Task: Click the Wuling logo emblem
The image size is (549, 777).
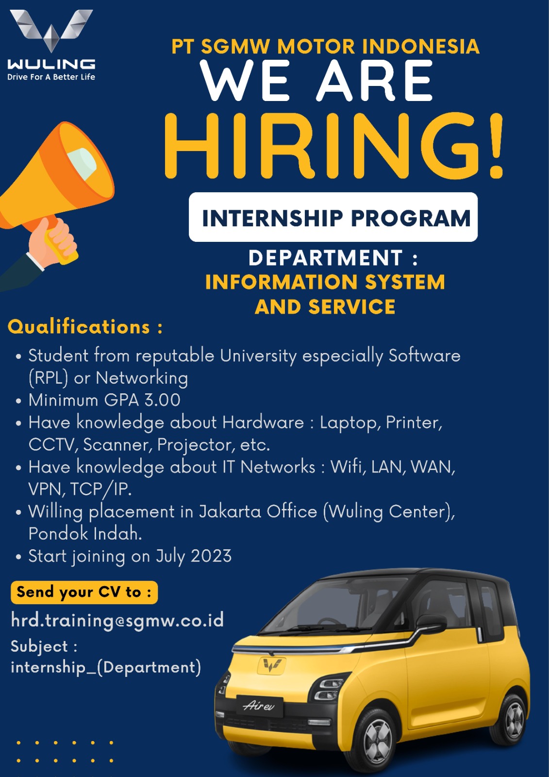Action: (x=51, y=31)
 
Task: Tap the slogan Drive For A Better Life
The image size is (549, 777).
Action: (x=51, y=77)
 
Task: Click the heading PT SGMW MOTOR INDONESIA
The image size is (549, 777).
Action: (x=325, y=47)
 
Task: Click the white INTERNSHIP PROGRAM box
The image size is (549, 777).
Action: (x=333, y=217)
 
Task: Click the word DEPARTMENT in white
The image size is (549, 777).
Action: (x=325, y=258)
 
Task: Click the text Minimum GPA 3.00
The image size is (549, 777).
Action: (x=104, y=400)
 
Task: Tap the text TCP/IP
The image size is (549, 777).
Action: (x=100, y=490)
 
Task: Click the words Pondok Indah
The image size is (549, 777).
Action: (x=85, y=534)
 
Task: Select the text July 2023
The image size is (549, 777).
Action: (x=194, y=557)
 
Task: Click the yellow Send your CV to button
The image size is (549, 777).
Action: (x=84, y=592)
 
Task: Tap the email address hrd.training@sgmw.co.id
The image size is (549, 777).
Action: (x=117, y=620)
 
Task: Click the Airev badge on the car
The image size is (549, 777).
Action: (x=259, y=706)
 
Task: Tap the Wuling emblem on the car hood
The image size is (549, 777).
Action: (x=271, y=665)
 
